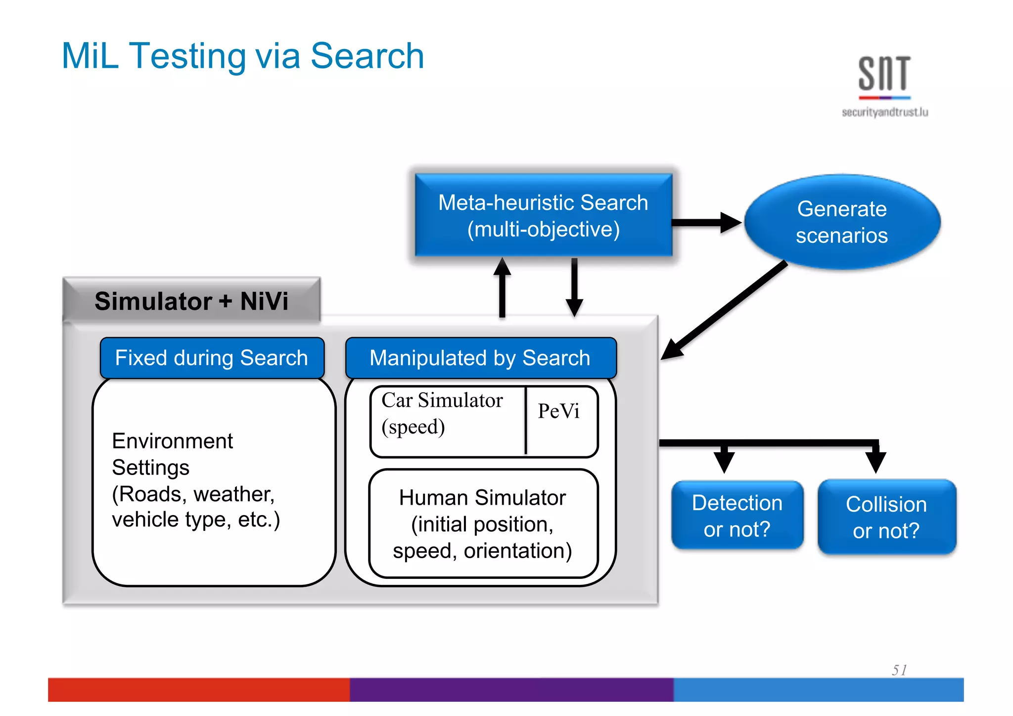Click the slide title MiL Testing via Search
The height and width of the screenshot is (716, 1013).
point(243,56)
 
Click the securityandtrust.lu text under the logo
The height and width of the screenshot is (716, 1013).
point(884,112)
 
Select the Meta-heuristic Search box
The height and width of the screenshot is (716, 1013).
point(543,216)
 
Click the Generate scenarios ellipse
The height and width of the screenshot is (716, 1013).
point(842,222)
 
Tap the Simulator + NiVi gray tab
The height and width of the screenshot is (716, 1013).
point(192,300)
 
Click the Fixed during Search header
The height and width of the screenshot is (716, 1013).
point(212,358)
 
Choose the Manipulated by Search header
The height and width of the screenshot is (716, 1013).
point(480,358)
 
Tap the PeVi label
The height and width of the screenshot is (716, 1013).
point(559,411)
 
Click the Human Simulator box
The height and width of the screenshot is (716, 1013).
point(483,524)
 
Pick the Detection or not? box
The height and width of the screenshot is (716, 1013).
point(737,516)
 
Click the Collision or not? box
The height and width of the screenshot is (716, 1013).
point(886,517)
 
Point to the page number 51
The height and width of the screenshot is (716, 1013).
point(899,670)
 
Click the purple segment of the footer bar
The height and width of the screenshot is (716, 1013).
point(511,689)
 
